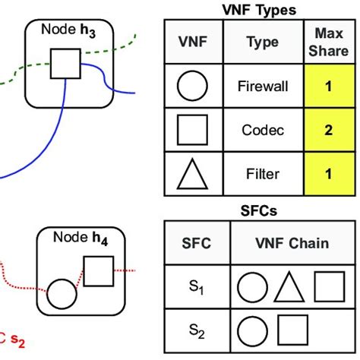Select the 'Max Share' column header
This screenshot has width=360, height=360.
pos(328,42)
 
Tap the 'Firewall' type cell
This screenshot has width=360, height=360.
pos(262,87)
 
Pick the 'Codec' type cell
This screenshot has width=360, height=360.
pos(262,130)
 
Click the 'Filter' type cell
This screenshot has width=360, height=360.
pos(262,174)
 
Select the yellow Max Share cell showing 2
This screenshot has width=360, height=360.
pos(328,130)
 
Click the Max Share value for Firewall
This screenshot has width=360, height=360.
pos(328,87)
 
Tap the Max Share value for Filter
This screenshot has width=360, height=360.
pos(328,174)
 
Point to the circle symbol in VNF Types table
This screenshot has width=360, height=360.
pos(192,87)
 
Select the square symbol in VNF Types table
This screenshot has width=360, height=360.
pos(192,130)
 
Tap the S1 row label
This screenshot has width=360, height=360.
pos(197,288)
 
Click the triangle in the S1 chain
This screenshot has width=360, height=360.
pos(289,289)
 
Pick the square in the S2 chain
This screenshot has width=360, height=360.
pos(292,330)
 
